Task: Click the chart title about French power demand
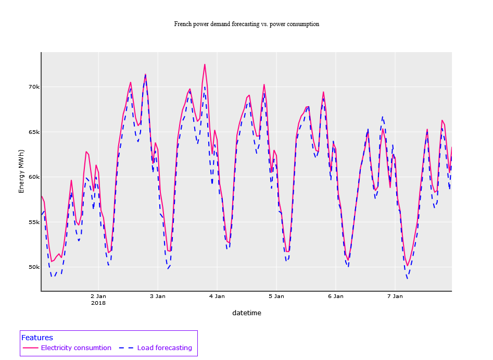pyautogui.click(x=246, y=24)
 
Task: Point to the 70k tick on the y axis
pyautogui.click(x=33, y=86)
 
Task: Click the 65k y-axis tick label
pyautogui.click(x=33, y=132)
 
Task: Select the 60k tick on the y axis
pyautogui.click(x=33, y=177)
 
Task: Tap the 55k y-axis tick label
pyautogui.click(x=33, y=222)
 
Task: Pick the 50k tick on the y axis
pyautogui.click(x=33, y=267)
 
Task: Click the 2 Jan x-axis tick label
pyautogui.click(x=98, y=296)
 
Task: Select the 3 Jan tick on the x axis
pyautogui.click(x=157, y=296)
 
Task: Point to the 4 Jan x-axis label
pyautogui.click(x=217, y=296)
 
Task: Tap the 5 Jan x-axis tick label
pyautogui.click(x=276, y=296)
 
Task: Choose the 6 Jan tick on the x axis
pyautogui.click(x=335, y=296)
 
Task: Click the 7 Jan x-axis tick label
pyautogui.click(x=395, y=296)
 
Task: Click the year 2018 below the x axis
pyautogui.click(x=98, y=303)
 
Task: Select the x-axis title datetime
pyautogui.click(x=246, y=313)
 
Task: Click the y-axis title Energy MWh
pyautogui.click(x=21, y=170)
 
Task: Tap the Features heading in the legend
pyautogui.click(x=37, y=338)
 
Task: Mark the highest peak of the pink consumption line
pyautogui.click(x=205, y=65)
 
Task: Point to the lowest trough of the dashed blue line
pyautogui.click(x=407, y=278)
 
